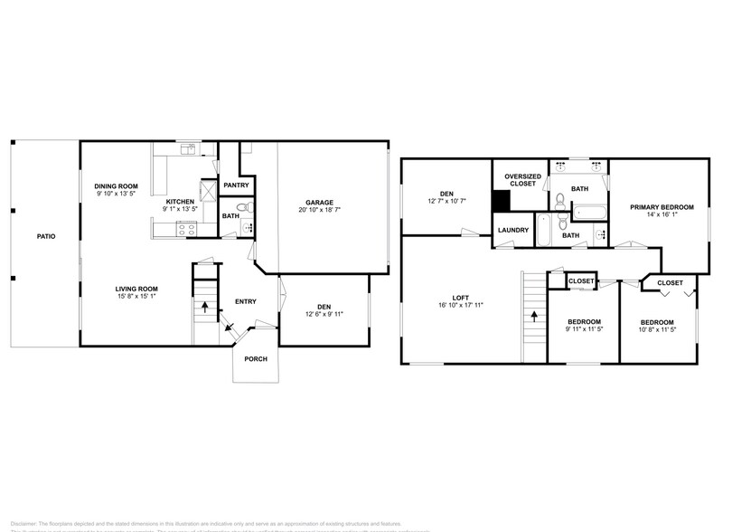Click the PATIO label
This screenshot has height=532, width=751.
tap(45, 236)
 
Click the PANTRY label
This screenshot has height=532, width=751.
tap(236, 185)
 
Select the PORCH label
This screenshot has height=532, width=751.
tap(256, 358)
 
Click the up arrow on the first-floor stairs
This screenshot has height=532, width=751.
tap(205, 307)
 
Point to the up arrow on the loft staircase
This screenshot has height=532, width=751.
tap(535, 317)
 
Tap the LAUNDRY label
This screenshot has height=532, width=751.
tap(512, 230)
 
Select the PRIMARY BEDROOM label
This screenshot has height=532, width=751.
tap(662, 207)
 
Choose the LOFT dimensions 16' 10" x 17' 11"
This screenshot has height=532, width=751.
tap(461, 305)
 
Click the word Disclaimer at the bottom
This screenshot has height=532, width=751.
tap(24, 522)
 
